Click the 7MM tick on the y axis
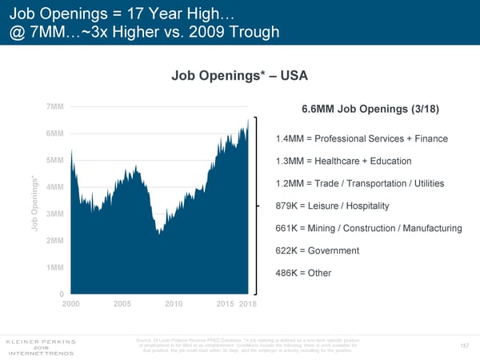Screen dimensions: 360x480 tap(55, 107)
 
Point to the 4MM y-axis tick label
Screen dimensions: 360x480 tap(55, 187)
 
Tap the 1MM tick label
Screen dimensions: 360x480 tap(55, 267)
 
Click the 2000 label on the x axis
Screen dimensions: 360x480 tap(71, 304)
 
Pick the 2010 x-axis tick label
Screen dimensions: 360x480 tap(174, 304)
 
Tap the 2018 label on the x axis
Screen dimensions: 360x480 tap(248, 304)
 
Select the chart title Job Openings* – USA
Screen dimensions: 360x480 tap(239, 76)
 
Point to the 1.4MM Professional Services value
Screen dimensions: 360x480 tap(288, 139)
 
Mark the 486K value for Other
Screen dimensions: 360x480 tap(287, 274)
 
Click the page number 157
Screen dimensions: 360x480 tap(466, 346)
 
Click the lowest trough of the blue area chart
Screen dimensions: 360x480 tap(159, 234)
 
